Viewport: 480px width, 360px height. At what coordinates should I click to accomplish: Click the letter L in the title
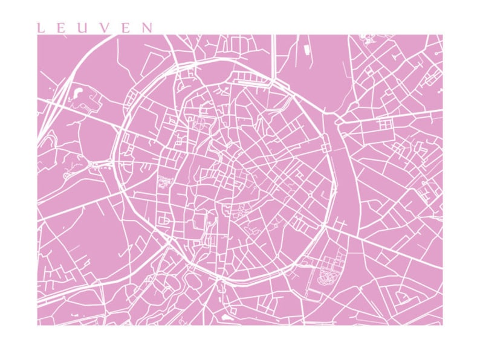[40, 28]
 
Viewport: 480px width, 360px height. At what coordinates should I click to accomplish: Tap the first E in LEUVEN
[60, 28]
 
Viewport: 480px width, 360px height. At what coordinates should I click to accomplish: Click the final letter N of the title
[146, 28]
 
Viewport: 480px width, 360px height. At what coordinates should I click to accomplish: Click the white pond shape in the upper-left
[78, 94]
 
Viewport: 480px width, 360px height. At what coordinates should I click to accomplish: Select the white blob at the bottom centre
[227, 316]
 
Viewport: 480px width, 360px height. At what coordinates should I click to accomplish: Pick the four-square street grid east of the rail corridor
[384, 123]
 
